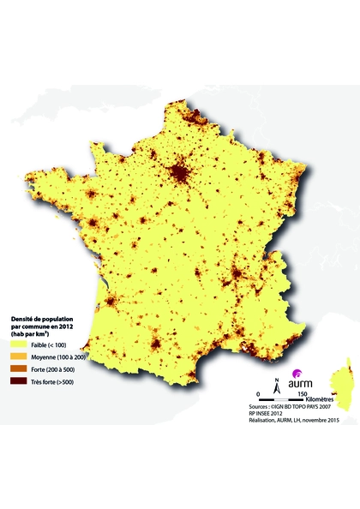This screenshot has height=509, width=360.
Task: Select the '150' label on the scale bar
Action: [302, 392]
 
